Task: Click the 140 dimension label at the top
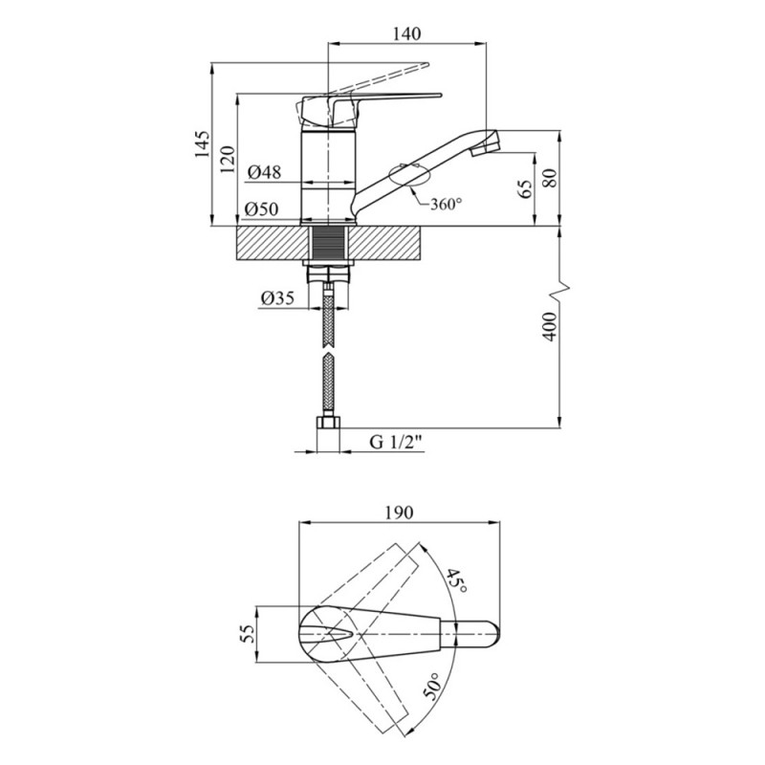coord(406,33)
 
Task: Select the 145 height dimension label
coord(202,144)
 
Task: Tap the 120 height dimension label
coord(228,160)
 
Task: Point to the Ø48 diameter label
coord(265,172)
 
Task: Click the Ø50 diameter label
coord(262,209)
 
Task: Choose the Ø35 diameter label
coord(277,297)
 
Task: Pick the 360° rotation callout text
coord(446,204)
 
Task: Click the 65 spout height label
coord(525,188)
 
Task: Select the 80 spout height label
coord(550,178)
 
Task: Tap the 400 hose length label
coord(550,327)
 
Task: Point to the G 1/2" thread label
coord(396,442)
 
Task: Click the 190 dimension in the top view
coord(399,513)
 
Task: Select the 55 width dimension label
coord(249,634)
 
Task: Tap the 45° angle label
coord(457,580)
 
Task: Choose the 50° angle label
coord(432,686)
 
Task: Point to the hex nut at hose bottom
coord(328,423)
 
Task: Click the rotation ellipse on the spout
coord(409,175)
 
